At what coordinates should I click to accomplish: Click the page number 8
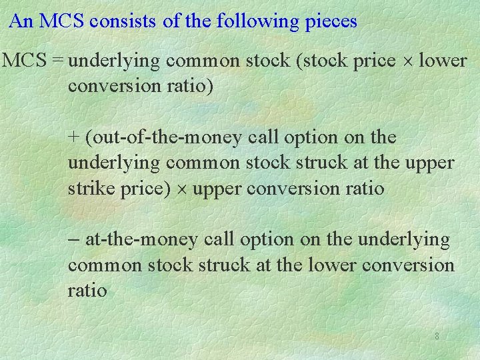[x=437, y=337]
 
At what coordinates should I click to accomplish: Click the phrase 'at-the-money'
[x=141, y=239]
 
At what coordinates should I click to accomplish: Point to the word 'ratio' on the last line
[x=87, y=291]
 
